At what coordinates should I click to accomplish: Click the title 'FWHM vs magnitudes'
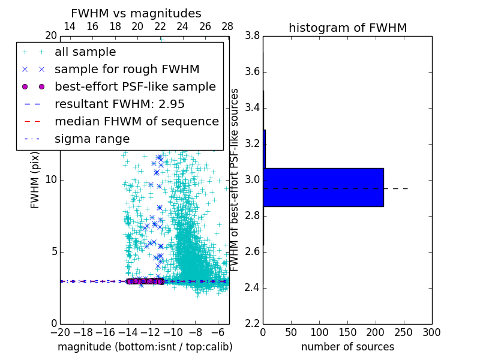(x=136, y=14)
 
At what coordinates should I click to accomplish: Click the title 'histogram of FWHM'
(x=347, y=28)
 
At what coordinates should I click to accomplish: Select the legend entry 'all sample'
(x=85, y=52)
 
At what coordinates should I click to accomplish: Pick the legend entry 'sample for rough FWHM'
(x=119, y=69)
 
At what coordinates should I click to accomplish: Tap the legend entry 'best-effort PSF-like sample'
(x=135, y=86)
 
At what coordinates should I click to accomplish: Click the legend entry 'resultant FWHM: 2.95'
(x=119, y=104)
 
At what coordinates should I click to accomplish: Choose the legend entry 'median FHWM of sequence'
(x=136, y=121)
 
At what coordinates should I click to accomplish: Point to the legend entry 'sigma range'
(x=92, y=139)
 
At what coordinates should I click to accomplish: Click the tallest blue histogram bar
(x=323, y=187)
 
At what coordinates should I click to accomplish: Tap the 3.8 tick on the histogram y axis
(x=253, y=36)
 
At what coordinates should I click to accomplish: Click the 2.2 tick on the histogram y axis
(x=253, y=323)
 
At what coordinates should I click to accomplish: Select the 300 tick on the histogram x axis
(x=431, y=332)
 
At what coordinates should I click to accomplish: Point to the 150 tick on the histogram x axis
(x=347, y=332)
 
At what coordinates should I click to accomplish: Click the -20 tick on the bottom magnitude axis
(x=60, y=332)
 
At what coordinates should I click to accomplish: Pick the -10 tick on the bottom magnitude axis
(x=173, y=332)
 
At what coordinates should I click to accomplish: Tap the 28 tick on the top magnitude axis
(x=227, y=26)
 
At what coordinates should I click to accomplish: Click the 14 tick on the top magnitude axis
(x=70, y=26)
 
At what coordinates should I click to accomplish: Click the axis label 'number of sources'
(x=347, y=347)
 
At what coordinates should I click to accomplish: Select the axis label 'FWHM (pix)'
(x=35, y=179)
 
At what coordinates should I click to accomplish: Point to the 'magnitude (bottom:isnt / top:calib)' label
(x=145, y=347)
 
